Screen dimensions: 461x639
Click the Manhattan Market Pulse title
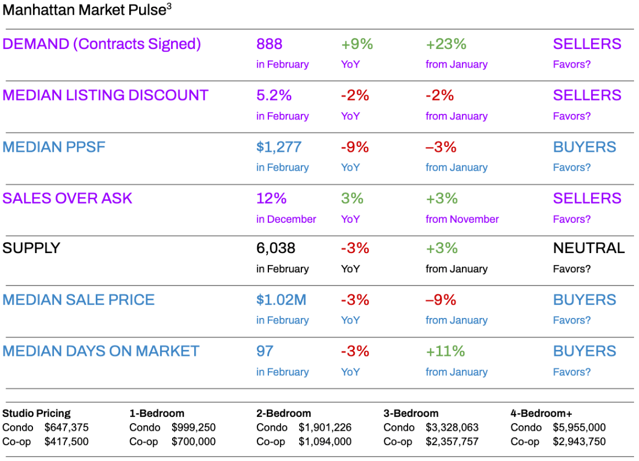click(x=84, y=10)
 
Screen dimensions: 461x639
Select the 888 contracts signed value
click(x=269, y=44)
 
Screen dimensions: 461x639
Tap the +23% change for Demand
click(x=446, y=44)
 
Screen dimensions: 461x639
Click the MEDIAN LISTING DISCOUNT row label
click(x=106, y=95)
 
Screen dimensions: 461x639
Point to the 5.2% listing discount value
click(x=274, y=95)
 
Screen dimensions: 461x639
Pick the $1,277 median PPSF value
click(x=279, y=147)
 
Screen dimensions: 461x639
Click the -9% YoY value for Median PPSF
click(x=355, y=147)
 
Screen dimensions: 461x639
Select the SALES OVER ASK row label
click(x=67, y=198)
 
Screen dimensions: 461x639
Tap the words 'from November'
click(x=462, y=219)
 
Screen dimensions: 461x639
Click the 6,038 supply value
click(x=276, y=248)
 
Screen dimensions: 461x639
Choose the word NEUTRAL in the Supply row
click(x=588, y=248)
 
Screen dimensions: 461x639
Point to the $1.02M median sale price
click(x=281, y=300)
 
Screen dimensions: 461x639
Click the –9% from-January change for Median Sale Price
click(x=441, y=300)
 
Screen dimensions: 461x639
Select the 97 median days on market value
click(x=265, y=351)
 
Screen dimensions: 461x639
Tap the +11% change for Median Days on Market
click(x=445, y=351)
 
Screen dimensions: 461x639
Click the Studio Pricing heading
click(x=37, y=413)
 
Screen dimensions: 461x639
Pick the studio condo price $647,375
click(x=67, y=427)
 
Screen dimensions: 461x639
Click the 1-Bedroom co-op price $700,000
click(x=194, y=441)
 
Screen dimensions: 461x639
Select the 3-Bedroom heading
click(x=411, y=413)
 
